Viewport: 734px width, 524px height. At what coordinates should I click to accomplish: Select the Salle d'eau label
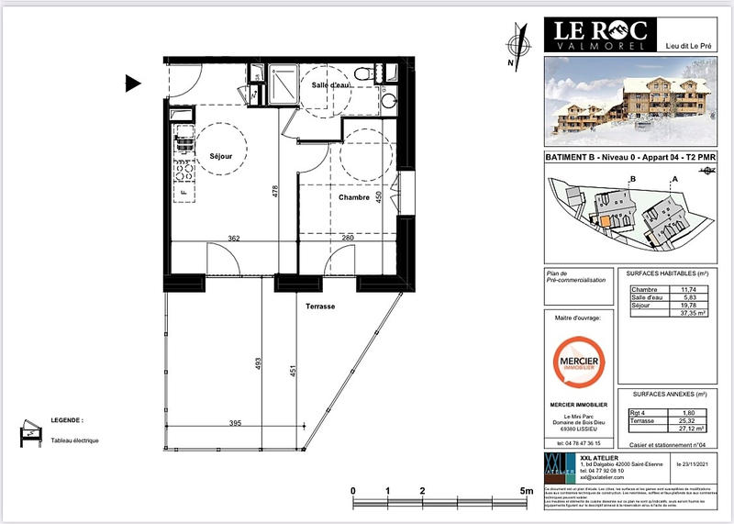click(331, 85)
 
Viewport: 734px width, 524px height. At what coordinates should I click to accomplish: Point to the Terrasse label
click(320, 307)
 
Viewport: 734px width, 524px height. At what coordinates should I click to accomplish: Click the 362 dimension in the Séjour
click(233, 239)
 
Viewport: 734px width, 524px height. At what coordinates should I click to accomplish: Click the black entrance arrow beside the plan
click(132, 84)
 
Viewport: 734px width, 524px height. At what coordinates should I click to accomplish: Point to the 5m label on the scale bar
click(526, 492)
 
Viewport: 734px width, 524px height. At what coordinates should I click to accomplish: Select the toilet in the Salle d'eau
click(365, 72)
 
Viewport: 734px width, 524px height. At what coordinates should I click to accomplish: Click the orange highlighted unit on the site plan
click(606, 221)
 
